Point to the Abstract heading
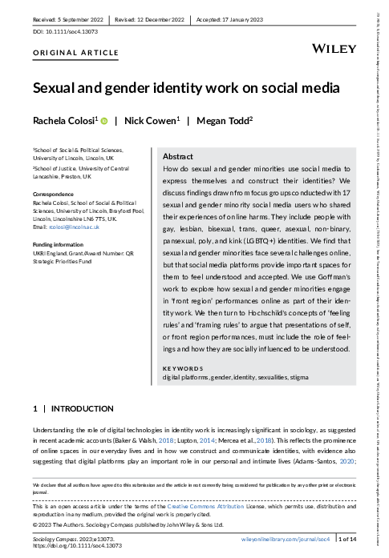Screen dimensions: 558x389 [179, 157]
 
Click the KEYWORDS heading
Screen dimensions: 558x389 [183, 368]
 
